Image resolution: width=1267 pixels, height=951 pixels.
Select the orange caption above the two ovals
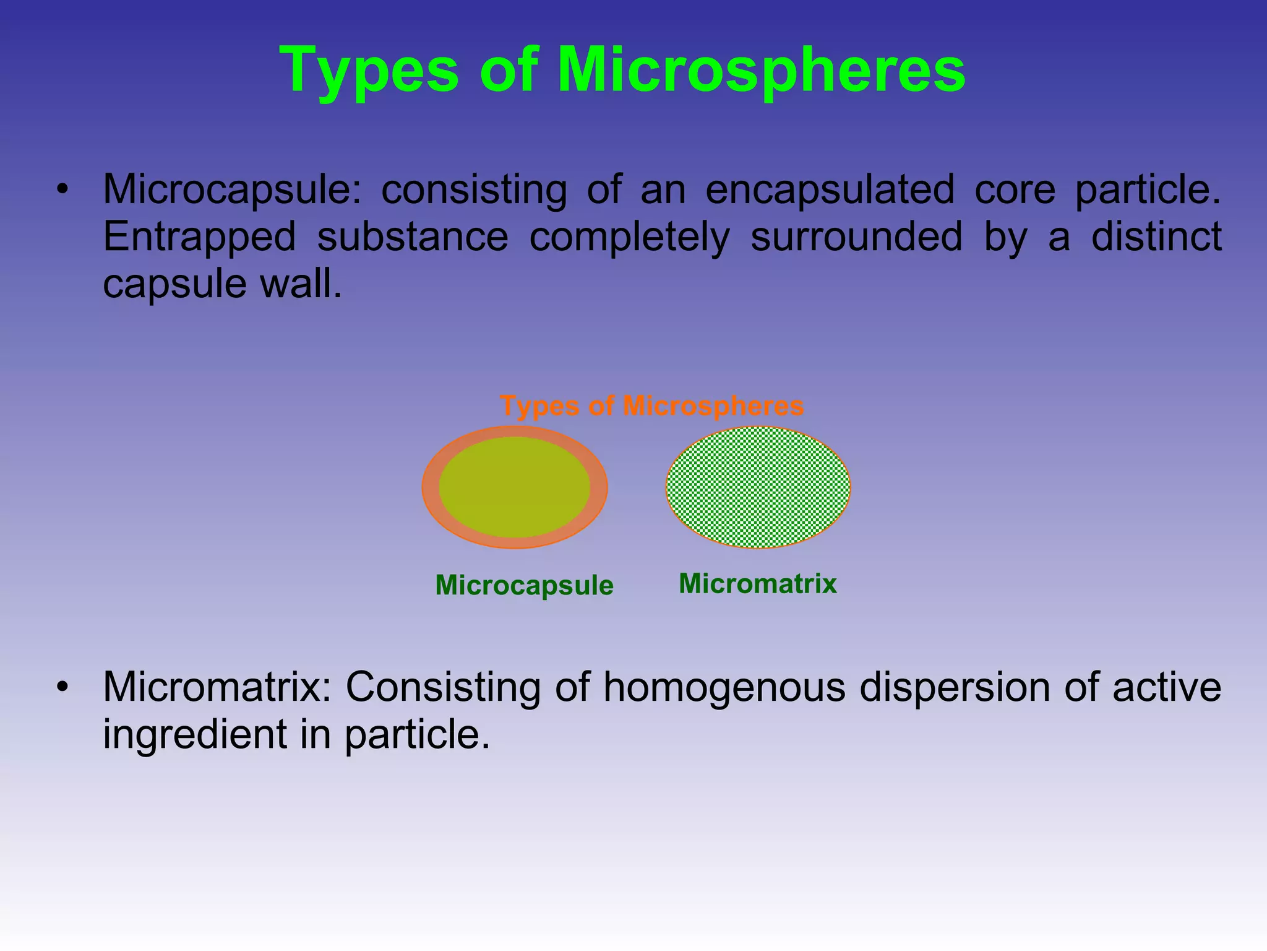click(651, 406)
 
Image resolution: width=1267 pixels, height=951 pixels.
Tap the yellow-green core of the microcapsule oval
click(514, 487)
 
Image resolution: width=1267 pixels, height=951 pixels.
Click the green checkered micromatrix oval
click(758, 487)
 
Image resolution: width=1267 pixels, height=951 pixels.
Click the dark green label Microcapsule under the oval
click(524, 585)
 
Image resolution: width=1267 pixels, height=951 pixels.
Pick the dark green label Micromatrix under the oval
click(757, 583)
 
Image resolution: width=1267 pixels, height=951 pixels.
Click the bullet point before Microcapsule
click(61, 190)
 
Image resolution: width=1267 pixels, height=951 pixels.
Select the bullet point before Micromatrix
click(61, 688)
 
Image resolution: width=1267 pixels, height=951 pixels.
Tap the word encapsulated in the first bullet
click(830, 189)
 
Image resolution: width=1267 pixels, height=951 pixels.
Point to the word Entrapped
click(199, 237)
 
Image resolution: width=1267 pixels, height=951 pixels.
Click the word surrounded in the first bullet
click(856, 237)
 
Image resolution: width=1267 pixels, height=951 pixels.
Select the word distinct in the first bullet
click(1156, 237)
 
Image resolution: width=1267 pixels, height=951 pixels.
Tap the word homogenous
click(724, 687)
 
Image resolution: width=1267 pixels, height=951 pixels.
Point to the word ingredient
click(195, 735)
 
